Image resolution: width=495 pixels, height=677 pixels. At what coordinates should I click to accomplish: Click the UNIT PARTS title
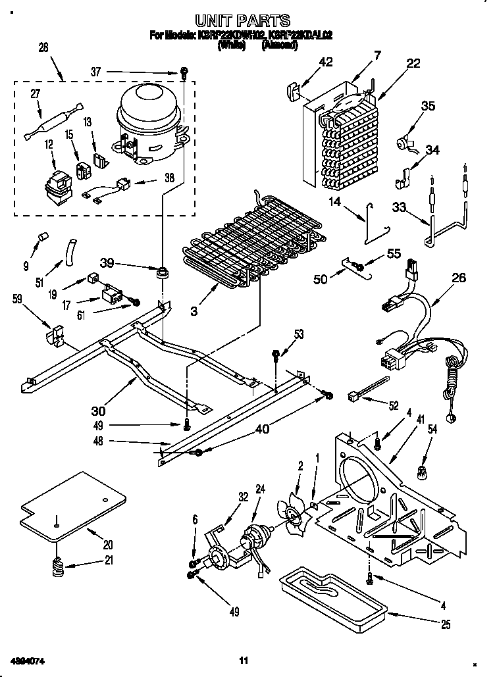[243, 21]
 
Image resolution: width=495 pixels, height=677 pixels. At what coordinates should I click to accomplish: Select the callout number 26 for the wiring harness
[459, 278]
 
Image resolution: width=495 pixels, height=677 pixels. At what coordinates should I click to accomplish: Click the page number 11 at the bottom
[243, 660]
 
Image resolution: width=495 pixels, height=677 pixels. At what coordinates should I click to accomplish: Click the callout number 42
[325, 63]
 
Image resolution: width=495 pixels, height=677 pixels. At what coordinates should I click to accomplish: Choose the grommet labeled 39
[161, 271]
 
